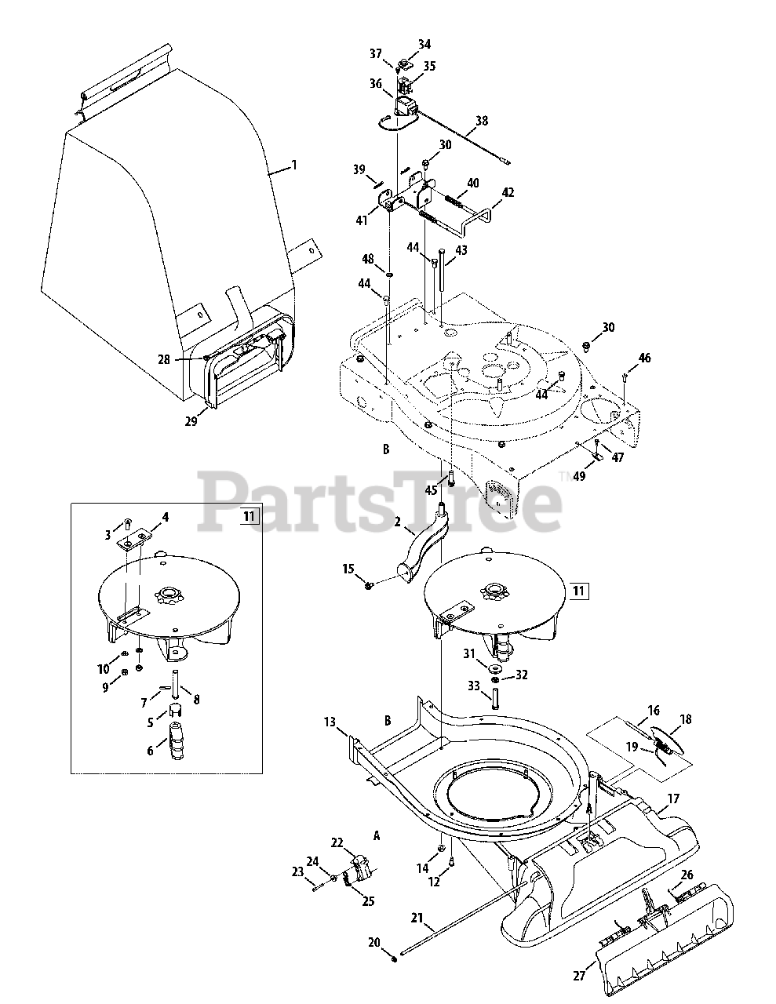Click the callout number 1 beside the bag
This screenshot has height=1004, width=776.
[294, 166]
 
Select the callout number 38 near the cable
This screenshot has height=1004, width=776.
[481, 122]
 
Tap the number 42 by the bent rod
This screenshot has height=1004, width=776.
[508, 192]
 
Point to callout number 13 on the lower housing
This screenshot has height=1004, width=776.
[330, 721]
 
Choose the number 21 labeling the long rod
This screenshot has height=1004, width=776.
[416, 918]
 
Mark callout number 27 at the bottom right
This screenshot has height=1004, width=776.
[579, 977]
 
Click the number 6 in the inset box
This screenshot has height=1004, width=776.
[151, 751]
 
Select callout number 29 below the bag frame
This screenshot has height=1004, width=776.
[191, 421]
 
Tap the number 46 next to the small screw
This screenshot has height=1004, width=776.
[644, 358]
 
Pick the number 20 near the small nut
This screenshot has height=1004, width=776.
[373, 942]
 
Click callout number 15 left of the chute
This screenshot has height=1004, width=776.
[348, 568]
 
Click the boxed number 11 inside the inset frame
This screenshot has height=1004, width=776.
[249, 516]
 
